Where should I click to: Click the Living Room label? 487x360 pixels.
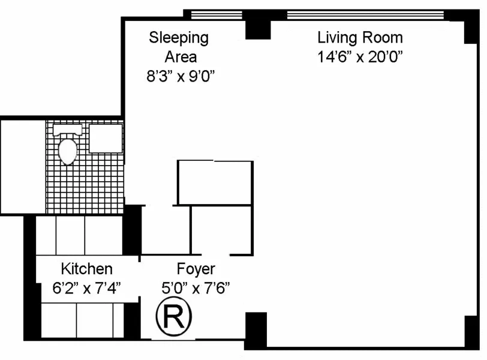(360, 38)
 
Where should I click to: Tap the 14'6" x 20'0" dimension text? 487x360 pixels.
(360, 57)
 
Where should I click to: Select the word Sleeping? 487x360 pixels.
(179, 38)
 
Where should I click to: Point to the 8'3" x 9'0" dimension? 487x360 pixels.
(181, 76)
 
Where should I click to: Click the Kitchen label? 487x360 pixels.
(86, 269)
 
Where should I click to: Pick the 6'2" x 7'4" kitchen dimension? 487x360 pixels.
(86, 288)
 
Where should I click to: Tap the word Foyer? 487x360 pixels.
(196, 269)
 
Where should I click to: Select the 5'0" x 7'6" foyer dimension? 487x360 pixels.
(196, 288)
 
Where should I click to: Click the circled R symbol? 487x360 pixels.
(173, 316)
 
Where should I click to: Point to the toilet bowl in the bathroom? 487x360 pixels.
(68, 152)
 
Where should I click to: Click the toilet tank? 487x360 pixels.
(67, 130)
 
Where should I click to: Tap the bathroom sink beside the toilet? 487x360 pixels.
(106, 139)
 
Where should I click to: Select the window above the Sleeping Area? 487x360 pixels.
(217, 15)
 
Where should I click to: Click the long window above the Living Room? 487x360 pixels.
(366, 15)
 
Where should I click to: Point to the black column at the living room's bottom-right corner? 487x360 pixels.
(471, 332)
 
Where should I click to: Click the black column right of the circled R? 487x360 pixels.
(255, 330)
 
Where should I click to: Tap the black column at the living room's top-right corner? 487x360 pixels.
(471, 28)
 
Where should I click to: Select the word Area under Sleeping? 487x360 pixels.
(181, 57)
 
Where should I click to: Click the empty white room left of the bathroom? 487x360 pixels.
(23, 167)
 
